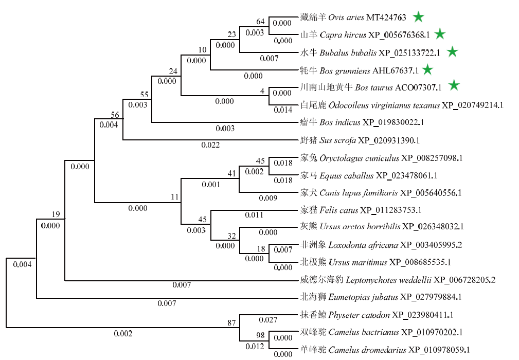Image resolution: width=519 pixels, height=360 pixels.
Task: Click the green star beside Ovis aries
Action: [418, 17]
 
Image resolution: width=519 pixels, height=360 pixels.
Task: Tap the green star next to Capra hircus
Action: [440, 34]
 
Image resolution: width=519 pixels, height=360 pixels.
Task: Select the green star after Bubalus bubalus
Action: [452, 51]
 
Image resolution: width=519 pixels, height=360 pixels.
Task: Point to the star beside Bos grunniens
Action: [427, 69]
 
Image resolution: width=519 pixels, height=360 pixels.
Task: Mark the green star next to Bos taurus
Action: [454, 85]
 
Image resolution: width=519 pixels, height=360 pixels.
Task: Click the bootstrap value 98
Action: [260, 335]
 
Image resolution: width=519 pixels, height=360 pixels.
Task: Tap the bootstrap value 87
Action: [231, 322]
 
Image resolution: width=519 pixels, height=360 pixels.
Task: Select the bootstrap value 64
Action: [260, 22]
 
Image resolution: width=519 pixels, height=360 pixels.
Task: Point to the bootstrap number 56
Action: [115, 115]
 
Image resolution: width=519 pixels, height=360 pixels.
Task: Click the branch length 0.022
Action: [210, 145]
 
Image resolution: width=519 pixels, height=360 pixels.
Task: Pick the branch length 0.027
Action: [268, 320]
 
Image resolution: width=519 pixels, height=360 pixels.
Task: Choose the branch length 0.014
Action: [283, 110]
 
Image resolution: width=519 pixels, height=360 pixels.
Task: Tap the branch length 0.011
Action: [254, 215]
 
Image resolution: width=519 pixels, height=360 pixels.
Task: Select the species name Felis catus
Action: [339, 210]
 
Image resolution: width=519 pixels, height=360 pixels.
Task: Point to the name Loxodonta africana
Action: [363, 245]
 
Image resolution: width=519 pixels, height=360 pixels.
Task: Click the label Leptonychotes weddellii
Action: [388, 280]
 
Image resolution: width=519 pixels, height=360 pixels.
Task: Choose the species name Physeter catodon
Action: [359, 315]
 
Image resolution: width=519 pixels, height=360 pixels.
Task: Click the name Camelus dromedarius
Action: [367, 350]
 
